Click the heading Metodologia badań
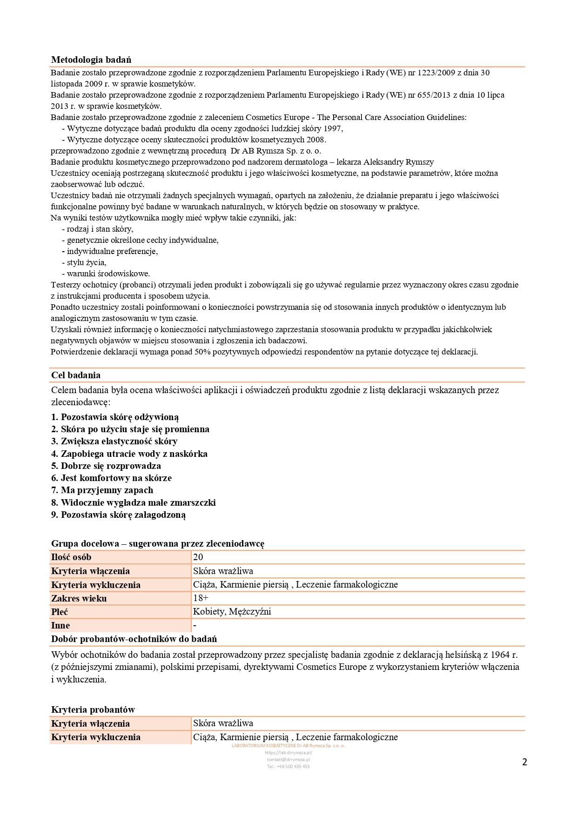tap(91, 60)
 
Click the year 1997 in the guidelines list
tap(333, 128)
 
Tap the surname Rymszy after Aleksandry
tap(420, 162)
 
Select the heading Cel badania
tap(76, 375)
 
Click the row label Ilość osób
tap(71, 557)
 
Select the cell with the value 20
tap(198, 557)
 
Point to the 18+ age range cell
tap(201, 598)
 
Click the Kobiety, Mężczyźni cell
tap(232, 612)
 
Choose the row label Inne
tap(60, 626)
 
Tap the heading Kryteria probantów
tap(93, 709)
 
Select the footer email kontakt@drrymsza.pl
tap(288, 759)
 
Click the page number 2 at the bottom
tap(524, 762)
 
